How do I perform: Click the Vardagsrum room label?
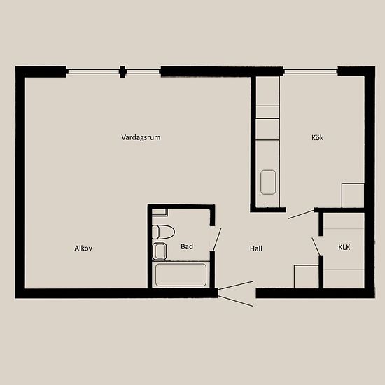(x=141, y=137)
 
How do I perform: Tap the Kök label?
(x=318, y=137)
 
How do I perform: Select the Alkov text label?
(x=83, y=248)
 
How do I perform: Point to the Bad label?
(x=187, y=246)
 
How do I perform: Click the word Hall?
(x=256, y=248)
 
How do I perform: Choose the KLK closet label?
(x=344, y=247)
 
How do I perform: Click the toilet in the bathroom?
(x=163, y=232)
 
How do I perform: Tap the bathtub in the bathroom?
(x=181, y=275)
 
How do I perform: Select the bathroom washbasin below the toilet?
(x=160, y=251)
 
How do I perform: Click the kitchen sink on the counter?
(x=268, y=182)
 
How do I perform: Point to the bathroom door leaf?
(x=217, y=239)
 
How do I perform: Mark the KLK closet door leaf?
(x=316, y=247)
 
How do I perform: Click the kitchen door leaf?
(x=302, y=214)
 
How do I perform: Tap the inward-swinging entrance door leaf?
(x=236, y=286)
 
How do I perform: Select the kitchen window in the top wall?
(x=311, y=71)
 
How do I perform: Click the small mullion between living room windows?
(x=122, y=71)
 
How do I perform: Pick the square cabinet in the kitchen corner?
(x=353, y=195)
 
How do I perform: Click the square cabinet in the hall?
(x=307, y=276)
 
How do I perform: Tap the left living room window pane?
(x=93, y=71)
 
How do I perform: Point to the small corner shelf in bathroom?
(x=160, y=212)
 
